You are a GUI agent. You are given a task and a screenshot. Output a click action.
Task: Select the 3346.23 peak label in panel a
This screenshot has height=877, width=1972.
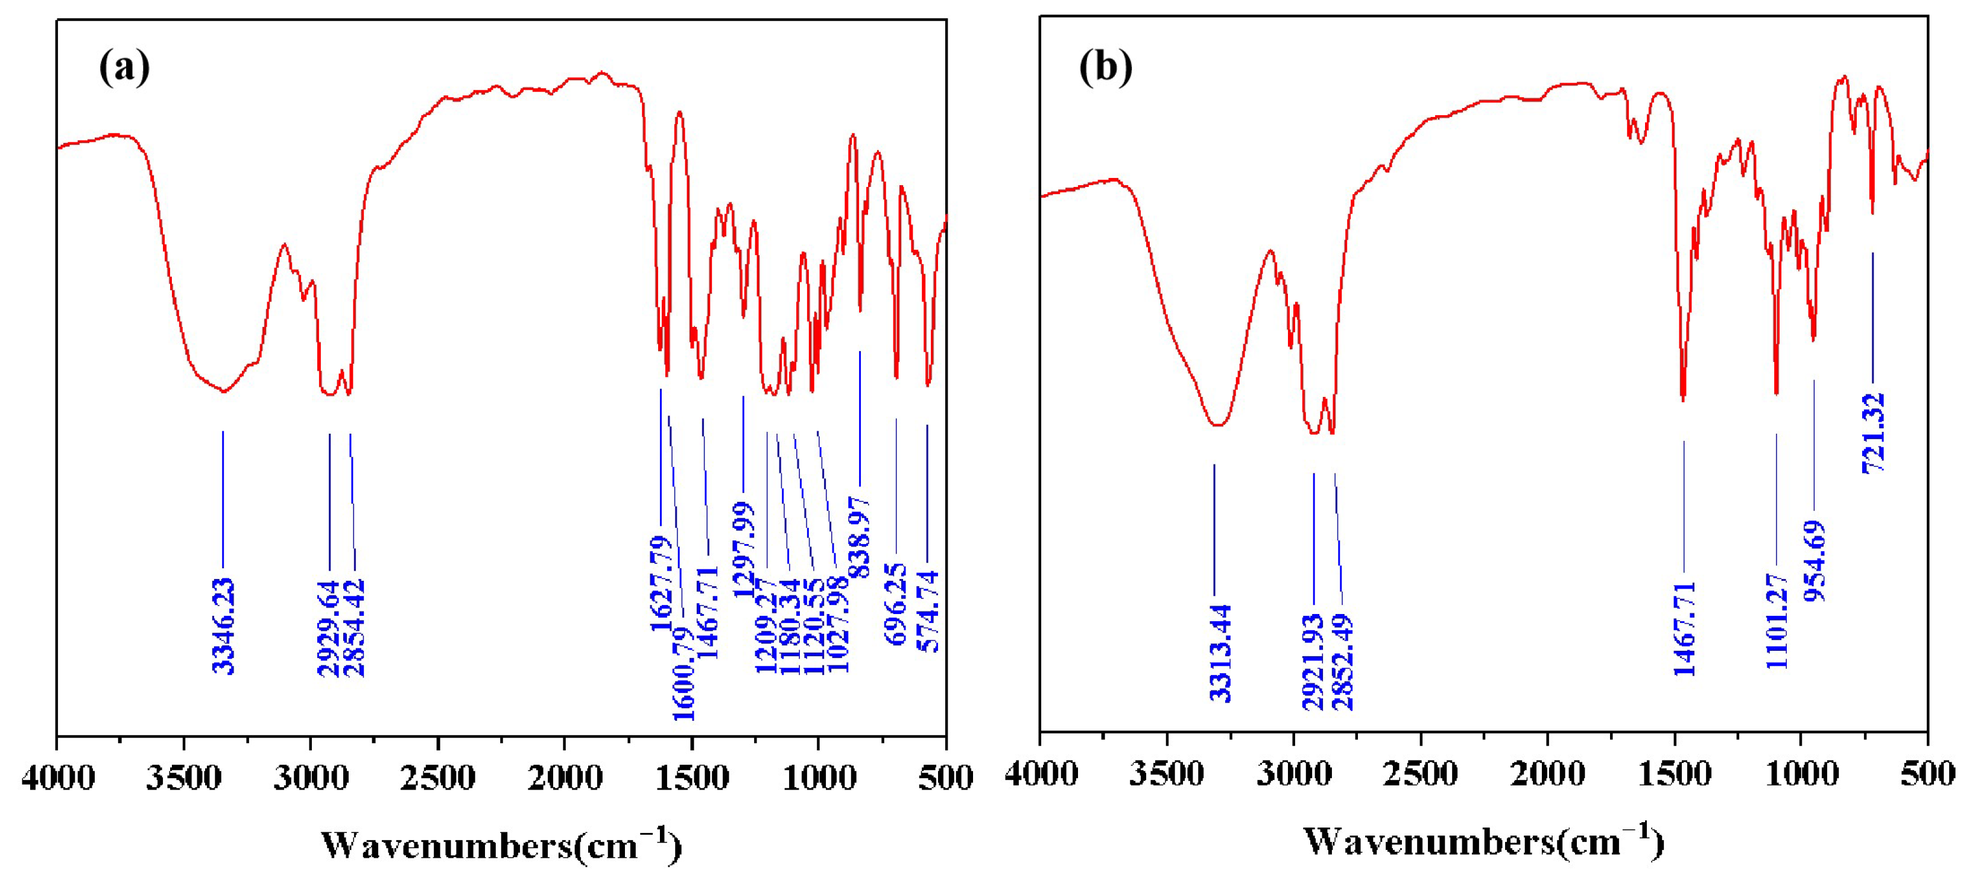[x=224, y=626]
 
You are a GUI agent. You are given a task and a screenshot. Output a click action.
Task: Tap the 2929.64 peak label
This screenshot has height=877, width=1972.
[x=329, y=628]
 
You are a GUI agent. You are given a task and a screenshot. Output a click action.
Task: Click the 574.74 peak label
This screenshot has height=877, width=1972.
[x=928, y=610]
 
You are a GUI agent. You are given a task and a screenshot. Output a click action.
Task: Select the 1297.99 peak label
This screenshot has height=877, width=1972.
[x=743, y=549]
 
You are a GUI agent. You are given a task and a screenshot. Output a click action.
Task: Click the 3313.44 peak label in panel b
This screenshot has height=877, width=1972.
[x=1220, y=653]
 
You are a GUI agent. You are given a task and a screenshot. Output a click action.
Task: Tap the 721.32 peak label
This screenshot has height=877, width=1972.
[x=1873, y=433]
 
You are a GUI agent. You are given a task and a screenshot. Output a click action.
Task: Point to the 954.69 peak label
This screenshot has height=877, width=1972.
[x=1815, y=561]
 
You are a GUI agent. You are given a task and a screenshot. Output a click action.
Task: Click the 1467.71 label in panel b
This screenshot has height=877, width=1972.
[x=1685, y=629]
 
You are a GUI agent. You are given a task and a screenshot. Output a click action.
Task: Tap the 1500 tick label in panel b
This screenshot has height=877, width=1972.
[x=1675, y=775]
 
